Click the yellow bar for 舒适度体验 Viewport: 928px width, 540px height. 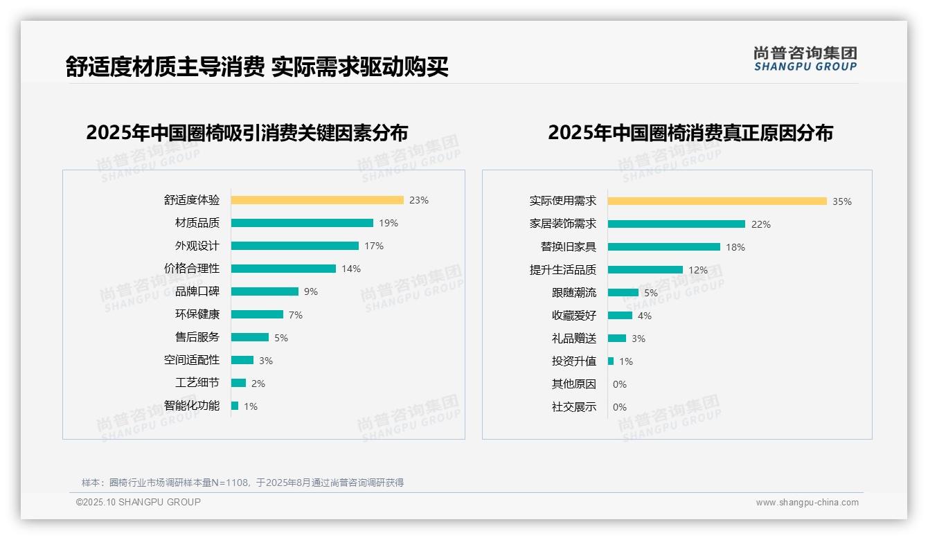coord(317,200)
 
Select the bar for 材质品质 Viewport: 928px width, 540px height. coord(302,223)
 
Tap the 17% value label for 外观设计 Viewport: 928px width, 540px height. coord(374,246)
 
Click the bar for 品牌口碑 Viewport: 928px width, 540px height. coord(265,291)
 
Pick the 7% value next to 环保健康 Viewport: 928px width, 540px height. coord(296,315)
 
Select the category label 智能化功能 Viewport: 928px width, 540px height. coord(192,406)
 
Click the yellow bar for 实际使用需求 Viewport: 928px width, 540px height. coord(717,201)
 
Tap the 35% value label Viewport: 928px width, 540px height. coord(842,201)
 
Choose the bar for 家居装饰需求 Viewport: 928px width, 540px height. coord(676,224)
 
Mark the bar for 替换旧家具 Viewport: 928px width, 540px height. coord(663,247)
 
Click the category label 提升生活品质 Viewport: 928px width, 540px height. coord(563,270)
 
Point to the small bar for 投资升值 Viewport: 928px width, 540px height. coord(611,361)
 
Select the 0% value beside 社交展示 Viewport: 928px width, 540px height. coord(620,407)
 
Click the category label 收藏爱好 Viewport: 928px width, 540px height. coord(574,316)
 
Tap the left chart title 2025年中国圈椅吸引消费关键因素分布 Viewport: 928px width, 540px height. coord(247,133)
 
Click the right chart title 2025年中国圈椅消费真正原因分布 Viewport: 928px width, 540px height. coord(690,133)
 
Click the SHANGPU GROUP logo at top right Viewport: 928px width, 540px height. coord(805,59)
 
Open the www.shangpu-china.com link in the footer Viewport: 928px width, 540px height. coord(807,503)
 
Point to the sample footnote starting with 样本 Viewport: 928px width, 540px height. coord(242,483)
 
